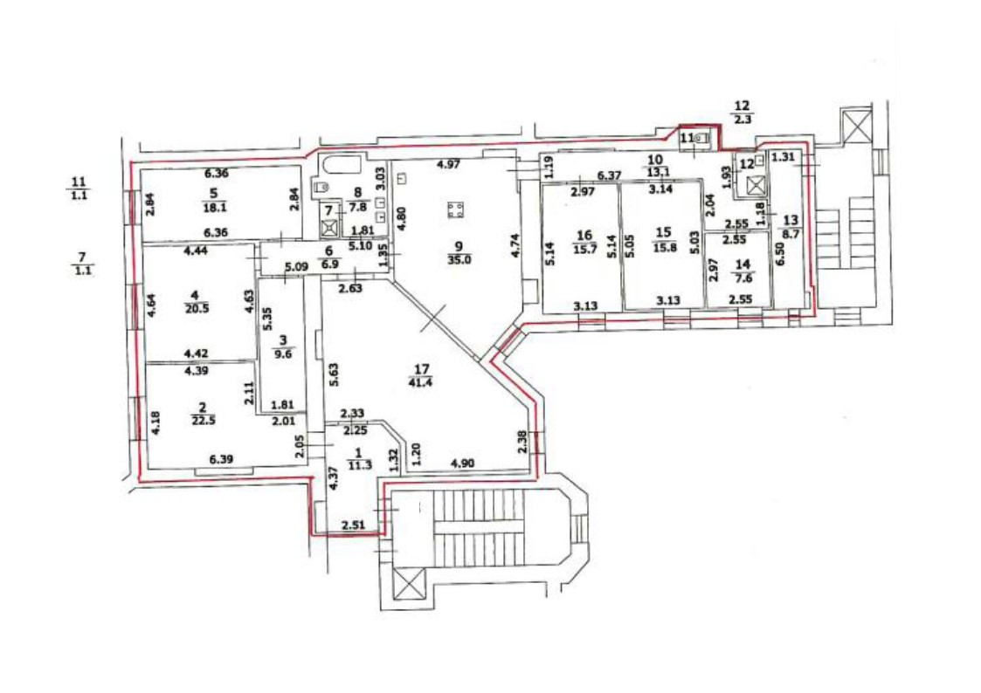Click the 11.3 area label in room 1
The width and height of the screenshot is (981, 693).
pos(358,464)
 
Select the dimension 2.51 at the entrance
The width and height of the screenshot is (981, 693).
pos(353,525)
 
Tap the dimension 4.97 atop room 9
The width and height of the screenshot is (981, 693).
pos(447,165)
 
